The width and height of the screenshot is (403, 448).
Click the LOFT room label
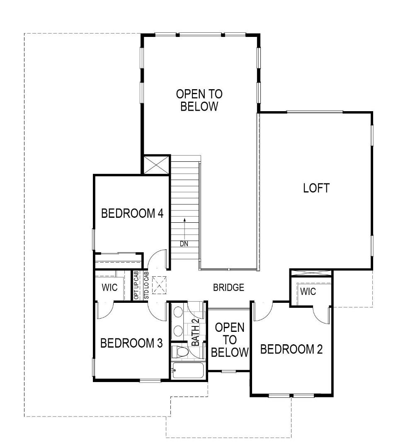click(316, 188)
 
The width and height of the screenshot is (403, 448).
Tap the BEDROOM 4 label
click(132, 214)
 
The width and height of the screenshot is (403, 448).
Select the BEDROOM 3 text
click(131, 343)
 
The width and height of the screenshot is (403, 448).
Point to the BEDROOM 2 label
click(291, 349)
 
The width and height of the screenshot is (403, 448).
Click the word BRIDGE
click(228, 287)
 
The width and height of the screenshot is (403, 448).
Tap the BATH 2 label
click(195, 335)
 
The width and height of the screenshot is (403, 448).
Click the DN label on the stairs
click(184, 244)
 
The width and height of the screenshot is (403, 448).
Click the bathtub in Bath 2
click(187, 370)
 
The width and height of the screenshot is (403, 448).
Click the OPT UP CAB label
click(136, 285)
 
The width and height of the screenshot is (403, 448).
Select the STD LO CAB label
click(146, 285)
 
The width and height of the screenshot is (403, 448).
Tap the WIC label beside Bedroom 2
click(308, 292)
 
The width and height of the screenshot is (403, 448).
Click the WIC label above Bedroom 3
click(109, 287)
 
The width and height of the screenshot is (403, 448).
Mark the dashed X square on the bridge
click(159, 285)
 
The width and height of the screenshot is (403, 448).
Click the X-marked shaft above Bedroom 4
click(156, 165)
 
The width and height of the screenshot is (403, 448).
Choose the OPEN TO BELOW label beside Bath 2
click(229, 340)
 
